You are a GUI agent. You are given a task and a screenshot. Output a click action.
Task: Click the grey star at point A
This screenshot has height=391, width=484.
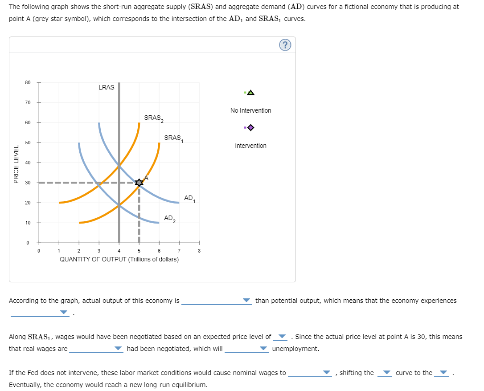[139, 182]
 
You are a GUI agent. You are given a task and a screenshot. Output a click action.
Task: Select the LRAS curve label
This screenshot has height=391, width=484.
[106, 87]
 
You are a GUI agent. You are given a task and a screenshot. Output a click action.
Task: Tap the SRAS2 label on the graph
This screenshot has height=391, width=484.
[154, 118]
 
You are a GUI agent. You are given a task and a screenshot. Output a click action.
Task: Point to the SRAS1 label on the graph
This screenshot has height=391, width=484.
[174, 138]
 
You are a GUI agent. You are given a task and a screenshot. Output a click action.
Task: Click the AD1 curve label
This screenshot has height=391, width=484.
[189, 198]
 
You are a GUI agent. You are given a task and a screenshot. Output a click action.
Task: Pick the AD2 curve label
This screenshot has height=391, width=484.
[170, 218]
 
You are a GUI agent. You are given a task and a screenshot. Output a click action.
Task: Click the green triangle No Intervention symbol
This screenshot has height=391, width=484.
[250, 93]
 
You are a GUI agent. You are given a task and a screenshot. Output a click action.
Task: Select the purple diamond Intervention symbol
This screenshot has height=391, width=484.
[250, 128]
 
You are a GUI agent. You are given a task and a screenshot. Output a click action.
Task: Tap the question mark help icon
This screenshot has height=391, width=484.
[285, 45]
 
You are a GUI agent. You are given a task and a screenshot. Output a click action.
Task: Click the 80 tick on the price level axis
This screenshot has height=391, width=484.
[28, 82]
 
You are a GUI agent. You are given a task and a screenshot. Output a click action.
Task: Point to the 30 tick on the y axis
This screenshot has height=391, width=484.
[28, 183]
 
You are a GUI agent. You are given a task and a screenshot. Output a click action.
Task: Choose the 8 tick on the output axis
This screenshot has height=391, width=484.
[199, 251]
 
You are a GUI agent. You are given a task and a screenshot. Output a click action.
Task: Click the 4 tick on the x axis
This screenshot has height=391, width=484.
[119, 251]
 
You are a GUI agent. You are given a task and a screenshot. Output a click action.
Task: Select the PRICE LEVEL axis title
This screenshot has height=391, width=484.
[16, 164]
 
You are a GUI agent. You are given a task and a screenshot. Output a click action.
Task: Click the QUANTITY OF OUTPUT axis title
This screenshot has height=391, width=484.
[119, 259]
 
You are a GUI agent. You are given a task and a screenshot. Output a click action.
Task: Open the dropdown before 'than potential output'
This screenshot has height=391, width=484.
[216, 301]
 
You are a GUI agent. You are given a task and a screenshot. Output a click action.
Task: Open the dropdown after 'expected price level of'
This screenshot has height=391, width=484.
[281, 337]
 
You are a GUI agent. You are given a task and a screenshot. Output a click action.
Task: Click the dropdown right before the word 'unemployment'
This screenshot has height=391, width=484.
[247, 349]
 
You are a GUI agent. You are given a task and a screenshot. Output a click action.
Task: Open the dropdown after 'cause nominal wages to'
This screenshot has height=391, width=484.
[311, 373]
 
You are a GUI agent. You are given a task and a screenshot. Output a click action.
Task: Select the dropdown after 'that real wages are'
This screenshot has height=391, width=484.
[95, 349]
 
